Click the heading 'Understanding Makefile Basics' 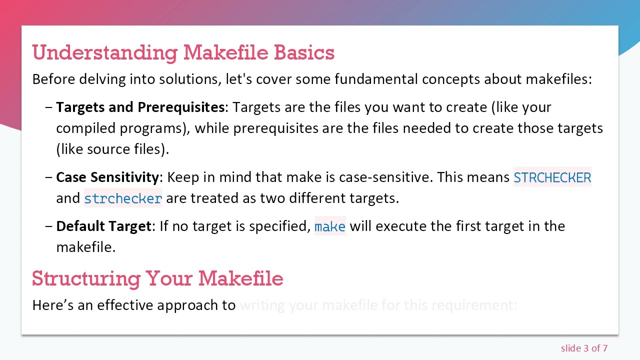tap(183, 52)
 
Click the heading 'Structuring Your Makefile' tap(157, 278)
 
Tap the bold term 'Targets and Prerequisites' tap(140, 107)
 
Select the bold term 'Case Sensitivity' tap(107, 177)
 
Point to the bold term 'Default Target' tap(103, 226)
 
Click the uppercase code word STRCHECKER tap(552, 178)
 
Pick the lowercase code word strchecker tap(123, 198)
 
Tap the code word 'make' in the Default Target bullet tap(330, 226)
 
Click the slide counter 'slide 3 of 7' tap(584, 348)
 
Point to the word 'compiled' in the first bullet tap(85, 128)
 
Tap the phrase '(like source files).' tap(112, 149)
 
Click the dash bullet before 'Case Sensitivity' tap(48, 177)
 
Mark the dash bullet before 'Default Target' tap(48, 226)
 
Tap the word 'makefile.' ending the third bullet tap(85, 247)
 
